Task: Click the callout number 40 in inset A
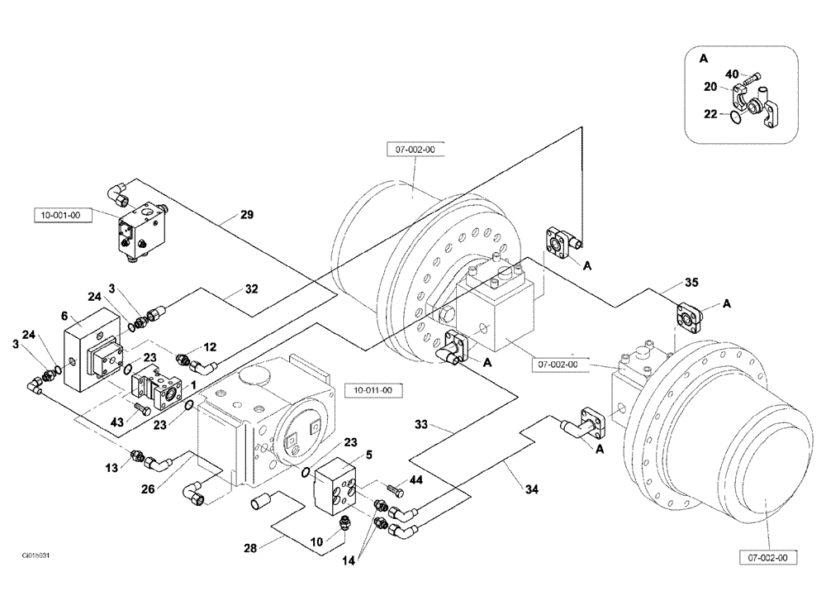pyautogui.click(x=732, y=74)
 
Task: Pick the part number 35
pyautogui.click(x=691, y=282)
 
